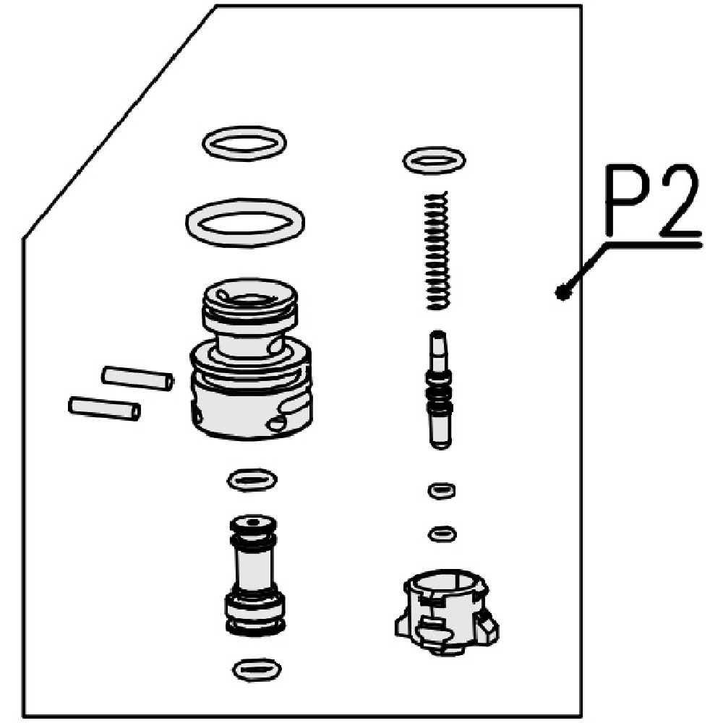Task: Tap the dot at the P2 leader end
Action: [x=561, y=291]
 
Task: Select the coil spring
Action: [x=436, y=250]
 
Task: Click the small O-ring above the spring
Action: [x=435, y=161]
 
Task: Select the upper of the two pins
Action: [x=137, y=378]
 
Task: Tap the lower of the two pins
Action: [x=104, y=408]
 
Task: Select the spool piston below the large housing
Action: [x=254, y=576]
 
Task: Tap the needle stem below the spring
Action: [x=440, y=390]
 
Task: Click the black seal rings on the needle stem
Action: [x=440, y=394]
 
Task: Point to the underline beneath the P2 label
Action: [x=654, y=244]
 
